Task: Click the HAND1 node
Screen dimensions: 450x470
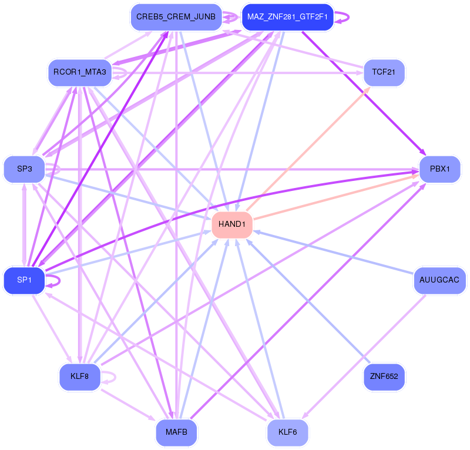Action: (232, 224)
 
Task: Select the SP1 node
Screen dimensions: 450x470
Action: (24, 280)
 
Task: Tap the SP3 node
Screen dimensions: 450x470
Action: (24, 169)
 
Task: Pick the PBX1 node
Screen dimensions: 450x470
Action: (439, 169)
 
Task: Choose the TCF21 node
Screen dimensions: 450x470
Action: (384, 73)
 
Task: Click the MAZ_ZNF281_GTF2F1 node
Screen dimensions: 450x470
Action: (287, 17)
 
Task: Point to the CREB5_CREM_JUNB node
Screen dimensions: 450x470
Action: (176, 17)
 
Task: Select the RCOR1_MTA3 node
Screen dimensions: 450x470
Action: (79, 73)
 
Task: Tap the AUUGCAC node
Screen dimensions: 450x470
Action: (439, 280)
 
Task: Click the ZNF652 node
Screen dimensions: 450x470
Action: (384, 376)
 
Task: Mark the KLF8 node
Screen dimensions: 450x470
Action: (79, 376)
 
